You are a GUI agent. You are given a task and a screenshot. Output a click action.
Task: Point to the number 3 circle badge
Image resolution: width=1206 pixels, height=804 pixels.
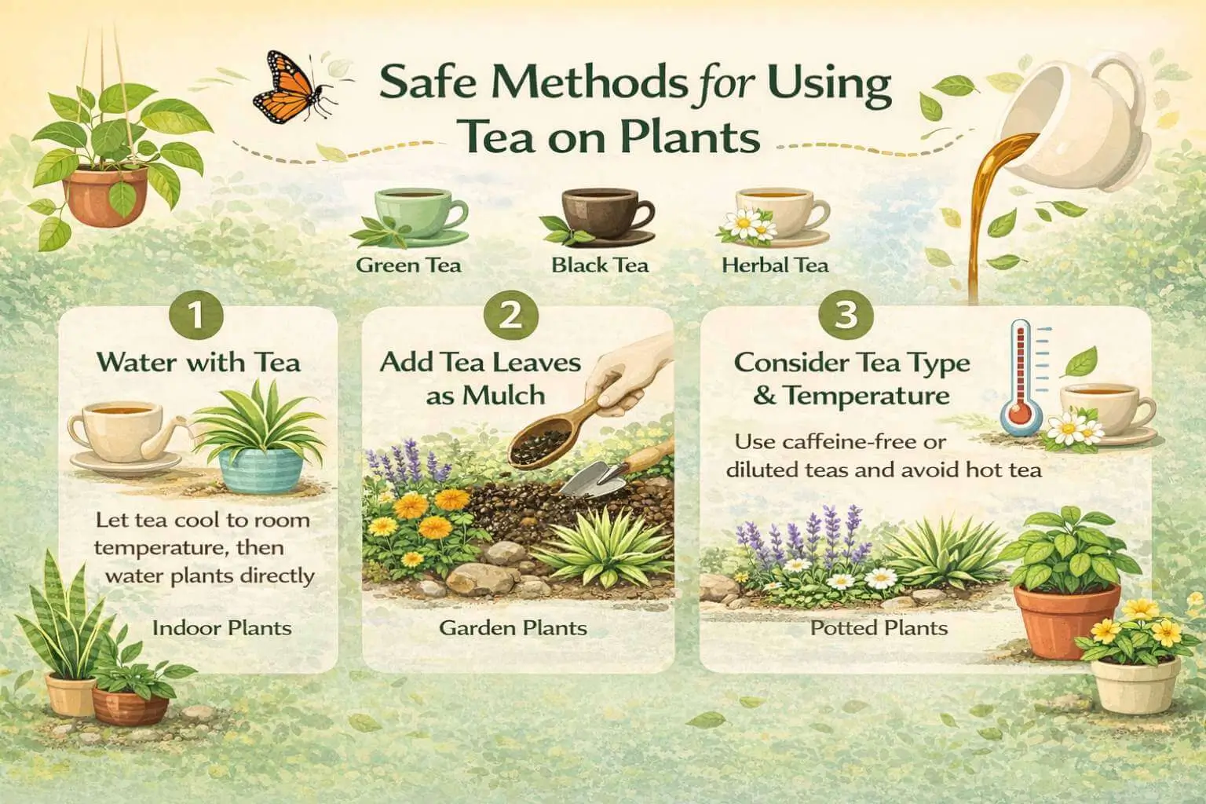pyautogui.click(x=846, y=316)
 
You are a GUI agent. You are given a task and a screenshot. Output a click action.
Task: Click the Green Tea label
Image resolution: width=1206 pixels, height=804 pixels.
pyautogui.click(x=408, y=265)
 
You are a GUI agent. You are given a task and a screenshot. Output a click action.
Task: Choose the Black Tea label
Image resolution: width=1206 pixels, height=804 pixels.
pyautogui.click(x=600, y=265)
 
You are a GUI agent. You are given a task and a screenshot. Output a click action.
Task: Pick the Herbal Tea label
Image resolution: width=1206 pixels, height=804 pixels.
pyautogui.click(x=774, y=265)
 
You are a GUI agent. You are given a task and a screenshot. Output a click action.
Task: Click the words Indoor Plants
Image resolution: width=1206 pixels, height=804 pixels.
pyautogui.click(x=221, y=628)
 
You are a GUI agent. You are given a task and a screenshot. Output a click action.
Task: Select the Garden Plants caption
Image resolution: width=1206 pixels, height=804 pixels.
pyautogui.click(x=513, y=628)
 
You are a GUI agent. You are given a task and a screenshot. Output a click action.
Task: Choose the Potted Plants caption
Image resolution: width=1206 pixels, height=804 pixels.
pyautogui.click(x=879, y=628)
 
